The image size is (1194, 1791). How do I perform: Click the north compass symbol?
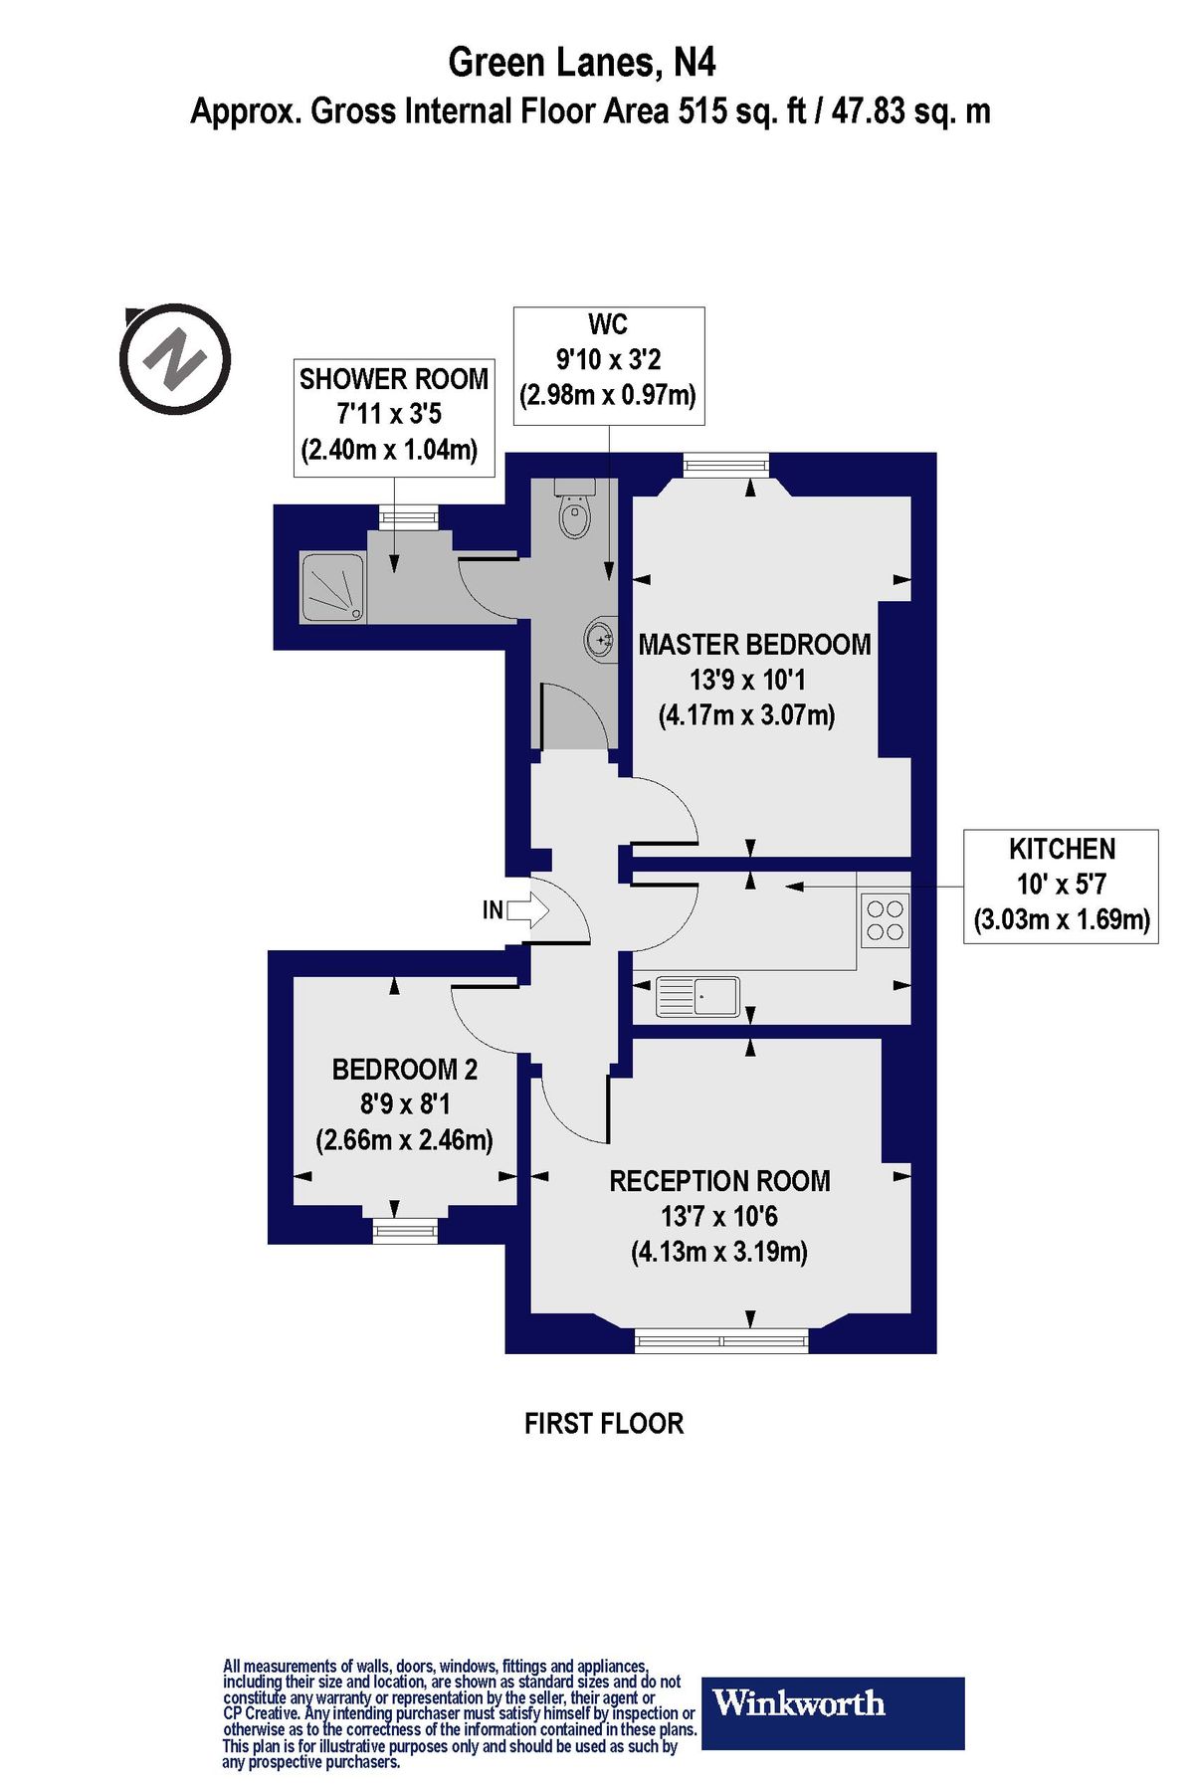175,358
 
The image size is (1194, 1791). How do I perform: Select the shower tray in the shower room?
332,588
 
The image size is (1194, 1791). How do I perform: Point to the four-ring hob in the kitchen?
885,919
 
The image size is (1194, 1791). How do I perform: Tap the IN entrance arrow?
526,909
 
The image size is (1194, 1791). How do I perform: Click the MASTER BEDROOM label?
754,645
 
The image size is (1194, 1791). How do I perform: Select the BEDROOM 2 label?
404,1070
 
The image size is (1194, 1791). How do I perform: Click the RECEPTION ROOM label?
719,1181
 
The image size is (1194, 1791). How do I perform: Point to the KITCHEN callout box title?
1062,849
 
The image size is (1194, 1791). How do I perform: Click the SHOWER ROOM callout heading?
394,379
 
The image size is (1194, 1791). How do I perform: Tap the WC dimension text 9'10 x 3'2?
607,358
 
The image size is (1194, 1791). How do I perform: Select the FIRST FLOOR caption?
604,1424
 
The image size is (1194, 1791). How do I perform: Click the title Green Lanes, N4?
582,63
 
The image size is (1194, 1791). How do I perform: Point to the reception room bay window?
721,1340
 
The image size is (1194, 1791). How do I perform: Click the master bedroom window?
726,464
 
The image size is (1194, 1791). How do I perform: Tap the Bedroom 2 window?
405,1231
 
